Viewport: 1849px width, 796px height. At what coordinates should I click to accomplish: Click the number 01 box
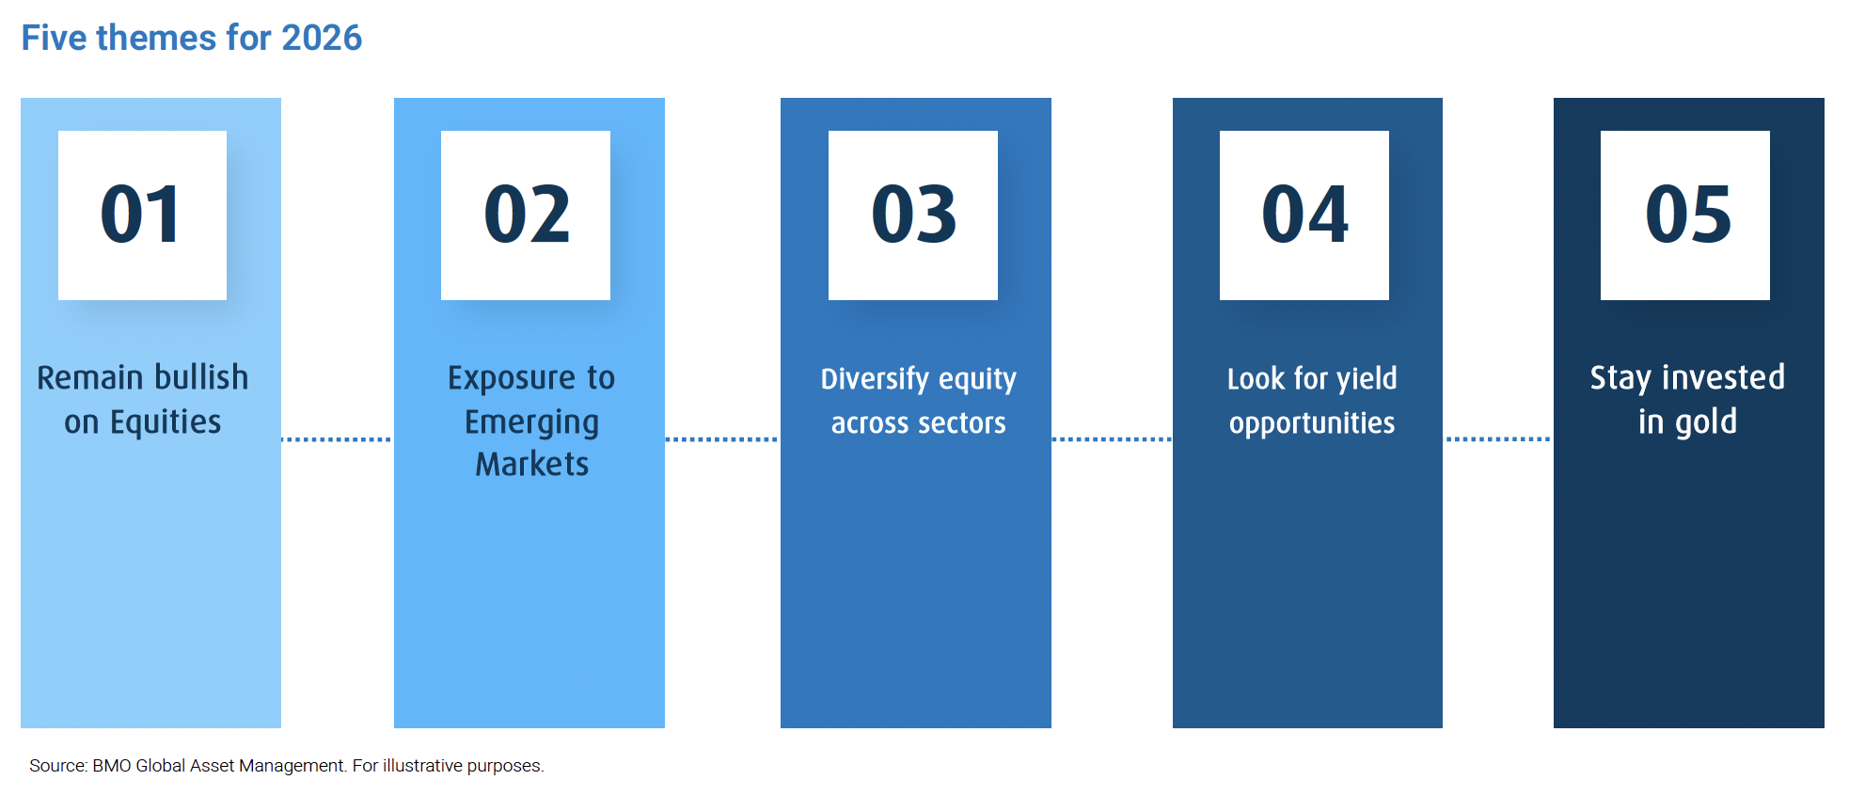(x=142, y=215)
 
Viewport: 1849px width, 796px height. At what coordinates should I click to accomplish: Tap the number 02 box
(x=526, y=215)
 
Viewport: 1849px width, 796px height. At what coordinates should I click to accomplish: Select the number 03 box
(x=913, y=215)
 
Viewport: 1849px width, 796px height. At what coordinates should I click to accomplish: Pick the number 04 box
(x=1304, y=215)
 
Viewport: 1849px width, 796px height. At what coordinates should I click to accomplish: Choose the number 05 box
(x=1685, y=215)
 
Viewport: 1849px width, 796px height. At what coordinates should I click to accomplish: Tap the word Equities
(x=166, y=422)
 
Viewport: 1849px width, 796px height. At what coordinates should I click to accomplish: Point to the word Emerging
(x=531, y=423)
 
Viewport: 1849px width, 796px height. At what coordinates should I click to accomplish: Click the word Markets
(x=532, y=464)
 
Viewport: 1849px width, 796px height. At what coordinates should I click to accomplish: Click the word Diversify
(x=875, y=379)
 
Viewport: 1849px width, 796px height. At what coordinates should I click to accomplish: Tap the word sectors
(x=961, y=423)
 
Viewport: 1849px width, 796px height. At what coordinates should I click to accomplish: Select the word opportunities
(x=1312, y=423)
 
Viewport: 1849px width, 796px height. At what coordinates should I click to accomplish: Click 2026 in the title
(x=322, y=38)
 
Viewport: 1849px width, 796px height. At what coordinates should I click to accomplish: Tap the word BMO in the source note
(x=112, y=766)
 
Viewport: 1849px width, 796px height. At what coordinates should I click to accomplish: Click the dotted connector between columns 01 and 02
(x=337, y=439)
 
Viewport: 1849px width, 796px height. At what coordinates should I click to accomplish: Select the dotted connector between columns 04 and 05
(x=1498, y=439)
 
